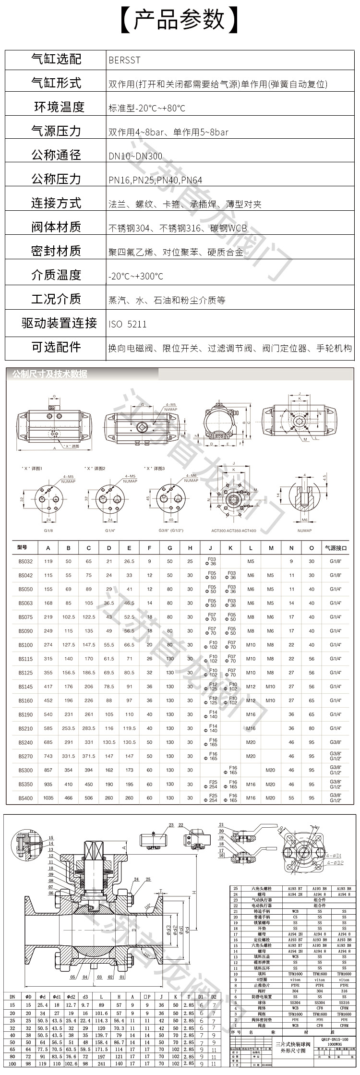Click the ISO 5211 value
(x=128, y=324)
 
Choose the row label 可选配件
(x=56, y=347)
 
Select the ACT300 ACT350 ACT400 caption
(x=234, y=531)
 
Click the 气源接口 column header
(x=336, y=547)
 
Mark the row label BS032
(x=26, y=561)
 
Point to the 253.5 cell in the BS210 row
(x=69, y=728)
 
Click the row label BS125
(x=26, y=673)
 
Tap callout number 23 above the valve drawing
(x=171, y=825)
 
